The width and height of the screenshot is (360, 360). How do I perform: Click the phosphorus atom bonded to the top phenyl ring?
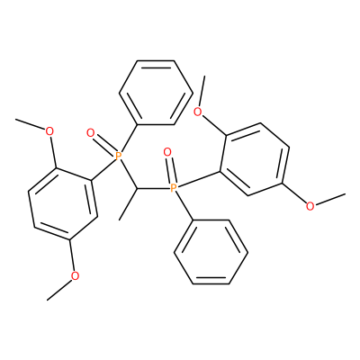pos(118,156)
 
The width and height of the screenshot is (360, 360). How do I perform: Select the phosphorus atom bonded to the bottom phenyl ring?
pos(174,188)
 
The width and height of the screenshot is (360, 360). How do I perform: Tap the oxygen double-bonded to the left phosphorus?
pos(90,132)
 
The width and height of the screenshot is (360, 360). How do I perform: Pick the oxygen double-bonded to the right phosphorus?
pos(167,152)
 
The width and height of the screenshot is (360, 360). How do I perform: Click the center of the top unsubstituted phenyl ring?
pos(156,93)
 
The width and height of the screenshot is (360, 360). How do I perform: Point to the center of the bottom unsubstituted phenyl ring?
pos(211,252)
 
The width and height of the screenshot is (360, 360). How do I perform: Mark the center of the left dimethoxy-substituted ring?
pos(63,203)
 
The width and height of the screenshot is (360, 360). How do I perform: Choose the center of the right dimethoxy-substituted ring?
pos(255,159)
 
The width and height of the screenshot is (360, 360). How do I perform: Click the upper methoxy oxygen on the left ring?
pos(49,131)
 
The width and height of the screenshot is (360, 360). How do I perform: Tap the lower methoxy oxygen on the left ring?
pos(75,275)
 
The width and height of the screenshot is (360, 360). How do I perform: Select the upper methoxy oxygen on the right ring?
pos(198,112)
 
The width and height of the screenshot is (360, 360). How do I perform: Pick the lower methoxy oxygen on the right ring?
pos(310,206)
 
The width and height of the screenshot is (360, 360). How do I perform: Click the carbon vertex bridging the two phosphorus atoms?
pos(137,189)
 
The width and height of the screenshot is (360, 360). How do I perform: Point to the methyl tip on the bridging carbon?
pos(120,220)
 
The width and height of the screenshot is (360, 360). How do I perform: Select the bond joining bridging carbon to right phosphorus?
pos(153,189)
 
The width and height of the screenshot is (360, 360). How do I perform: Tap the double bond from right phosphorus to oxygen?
pos(170,170)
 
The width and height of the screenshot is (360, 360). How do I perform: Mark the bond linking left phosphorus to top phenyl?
pos(129,138)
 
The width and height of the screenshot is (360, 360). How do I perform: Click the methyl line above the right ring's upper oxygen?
pos(202,92)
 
